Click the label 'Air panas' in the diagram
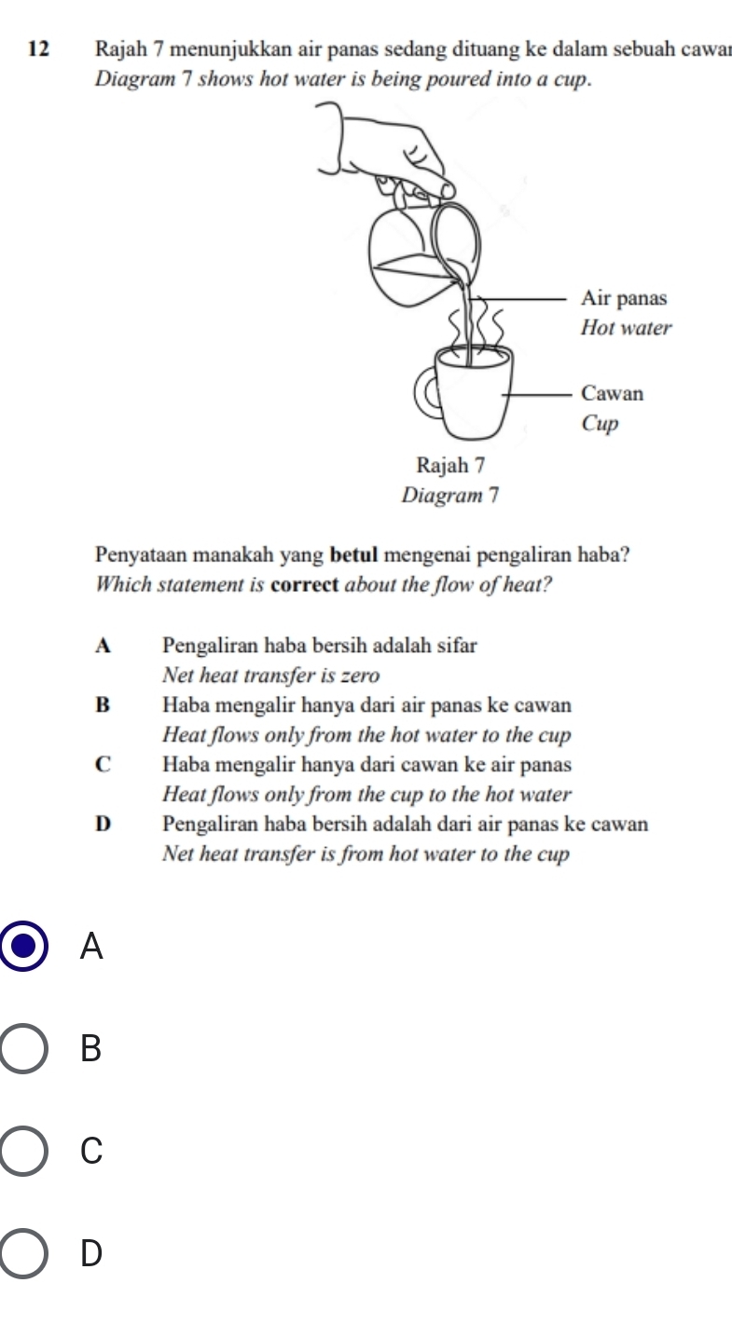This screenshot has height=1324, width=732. coord(624,299)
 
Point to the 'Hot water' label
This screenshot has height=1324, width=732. coord(625,328)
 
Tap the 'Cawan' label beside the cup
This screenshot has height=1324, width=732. coord(611,393)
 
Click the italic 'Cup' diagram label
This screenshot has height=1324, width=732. coord(600,423)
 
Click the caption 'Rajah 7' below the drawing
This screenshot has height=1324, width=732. coord(452,463)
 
